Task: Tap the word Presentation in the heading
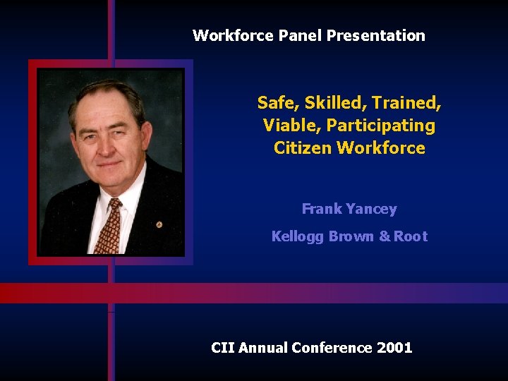[376, 35]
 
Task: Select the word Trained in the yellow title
[407, 103]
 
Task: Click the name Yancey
[371, 209]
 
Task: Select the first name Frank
[322, 209]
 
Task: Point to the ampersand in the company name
[384, 236]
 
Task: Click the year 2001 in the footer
[394, 347]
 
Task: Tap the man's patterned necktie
[109, 226]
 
